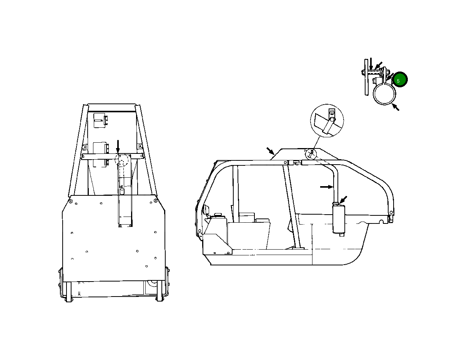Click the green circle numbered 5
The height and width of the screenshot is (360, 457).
click(x=400, y=80)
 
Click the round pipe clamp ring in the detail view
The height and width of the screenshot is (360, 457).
click(x=384, y=94)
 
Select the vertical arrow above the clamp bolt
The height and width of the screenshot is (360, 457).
click(x=371, y=64)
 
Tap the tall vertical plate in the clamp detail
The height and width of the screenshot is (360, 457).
click(x=366, y=77)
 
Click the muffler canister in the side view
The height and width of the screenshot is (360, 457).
click(x=339, y=219)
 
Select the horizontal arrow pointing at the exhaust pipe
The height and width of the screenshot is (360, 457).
click(x=327, y=187)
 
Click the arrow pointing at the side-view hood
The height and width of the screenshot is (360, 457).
click(x=271, y=151)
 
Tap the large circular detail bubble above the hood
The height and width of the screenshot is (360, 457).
click(x=327, y=120)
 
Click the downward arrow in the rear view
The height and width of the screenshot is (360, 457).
click(x=118, y=146)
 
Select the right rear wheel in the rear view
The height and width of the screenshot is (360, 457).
click(x=160, y=291)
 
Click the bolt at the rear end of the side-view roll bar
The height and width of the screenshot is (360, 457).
click(x=391, y=212)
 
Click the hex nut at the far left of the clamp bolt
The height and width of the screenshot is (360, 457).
click(x=362, y=72)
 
